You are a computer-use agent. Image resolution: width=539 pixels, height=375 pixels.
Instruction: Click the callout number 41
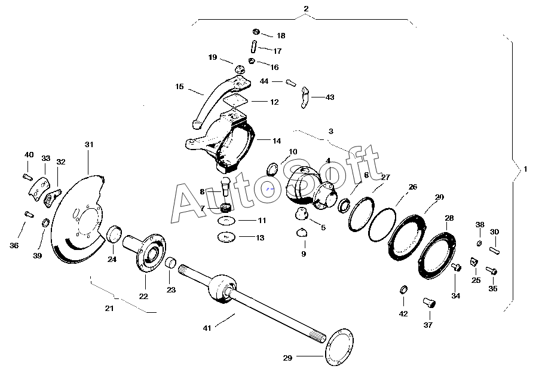click(x=207, y=327)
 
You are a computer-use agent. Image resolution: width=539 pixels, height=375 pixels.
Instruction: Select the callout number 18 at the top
click(x=280, y=36)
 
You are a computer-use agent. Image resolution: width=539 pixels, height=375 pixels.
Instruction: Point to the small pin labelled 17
click(x=253, y=45)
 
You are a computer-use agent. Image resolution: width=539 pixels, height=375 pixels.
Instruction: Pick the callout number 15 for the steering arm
click(x=179, y=87)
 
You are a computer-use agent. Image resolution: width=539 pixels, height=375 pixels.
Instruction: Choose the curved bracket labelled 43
click(x=304, y=98)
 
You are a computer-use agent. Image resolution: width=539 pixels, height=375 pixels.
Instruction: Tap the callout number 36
click(x=14, y=246)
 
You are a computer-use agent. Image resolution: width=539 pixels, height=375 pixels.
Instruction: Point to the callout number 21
click(x=109, y=309)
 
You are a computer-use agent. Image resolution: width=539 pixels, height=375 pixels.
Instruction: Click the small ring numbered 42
click(x=403, y=291)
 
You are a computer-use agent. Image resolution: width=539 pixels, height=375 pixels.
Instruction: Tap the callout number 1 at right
click(x=526, y=169)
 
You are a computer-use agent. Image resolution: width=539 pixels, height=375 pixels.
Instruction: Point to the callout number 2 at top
click(x=306, y=9)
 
